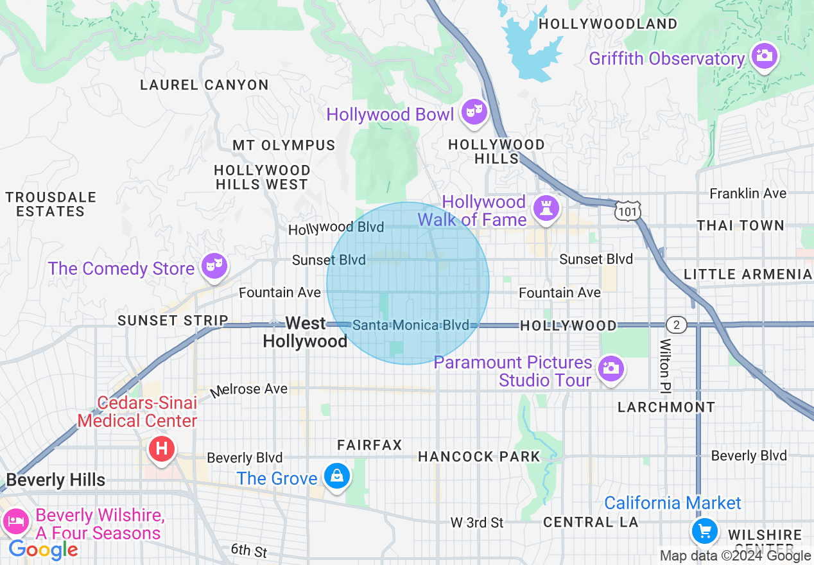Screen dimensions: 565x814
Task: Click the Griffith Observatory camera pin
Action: [763, 56]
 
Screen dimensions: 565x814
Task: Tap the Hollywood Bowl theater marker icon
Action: [474, 112]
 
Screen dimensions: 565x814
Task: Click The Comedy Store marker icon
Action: [212, 264]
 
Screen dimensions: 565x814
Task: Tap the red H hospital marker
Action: [162, 447]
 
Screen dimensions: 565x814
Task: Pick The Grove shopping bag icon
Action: [336, 476]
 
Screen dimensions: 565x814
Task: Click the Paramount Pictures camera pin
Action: [610, 369]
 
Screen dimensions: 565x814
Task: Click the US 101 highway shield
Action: [626, 211]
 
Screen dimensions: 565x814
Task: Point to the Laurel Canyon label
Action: [204, 85]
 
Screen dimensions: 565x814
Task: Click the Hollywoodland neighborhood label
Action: [608, 24]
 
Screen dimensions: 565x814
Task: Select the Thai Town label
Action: [740, 225]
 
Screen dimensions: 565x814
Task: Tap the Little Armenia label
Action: [747, 274]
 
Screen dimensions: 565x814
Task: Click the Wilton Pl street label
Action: [666, 367]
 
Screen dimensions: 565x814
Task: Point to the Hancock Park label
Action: [479, 456]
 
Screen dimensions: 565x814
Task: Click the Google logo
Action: [43, 550]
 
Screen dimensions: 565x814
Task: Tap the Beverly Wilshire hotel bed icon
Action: [15, 520]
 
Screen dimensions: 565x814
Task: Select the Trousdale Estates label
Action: [51, 204]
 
